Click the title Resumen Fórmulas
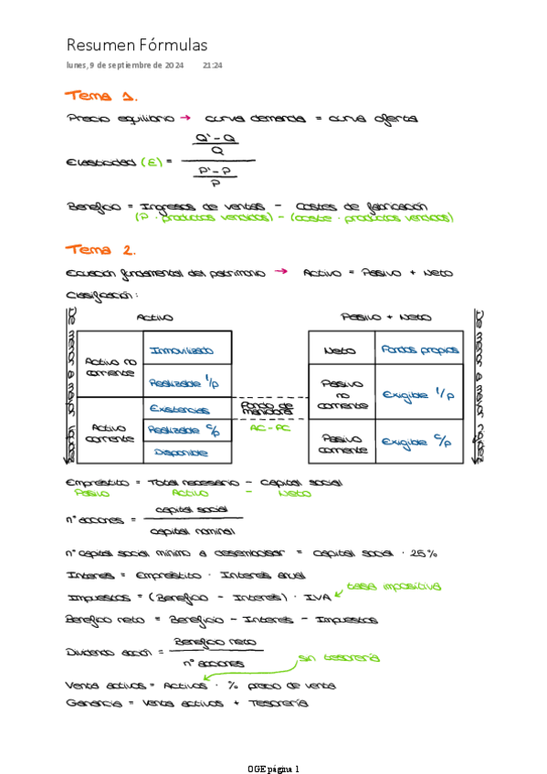pos(137,45)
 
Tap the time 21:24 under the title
pos(213,66)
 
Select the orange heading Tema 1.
pos(101,96)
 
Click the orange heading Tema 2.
pos(101,249)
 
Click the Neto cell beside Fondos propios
pos(340,350)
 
